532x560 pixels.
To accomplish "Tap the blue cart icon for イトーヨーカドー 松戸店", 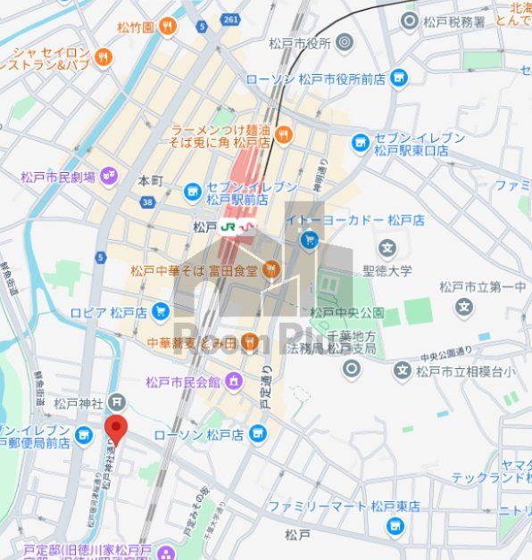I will [310, 239].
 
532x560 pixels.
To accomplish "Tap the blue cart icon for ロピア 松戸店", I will [161, 311].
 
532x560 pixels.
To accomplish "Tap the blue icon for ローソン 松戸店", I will [258, 434].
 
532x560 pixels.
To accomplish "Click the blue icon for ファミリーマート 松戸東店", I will [395, 525].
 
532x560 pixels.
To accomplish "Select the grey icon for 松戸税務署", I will [410, 21].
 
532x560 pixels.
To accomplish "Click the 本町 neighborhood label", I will [151, 181].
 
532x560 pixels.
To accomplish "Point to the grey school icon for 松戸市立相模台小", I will [403, 370].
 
